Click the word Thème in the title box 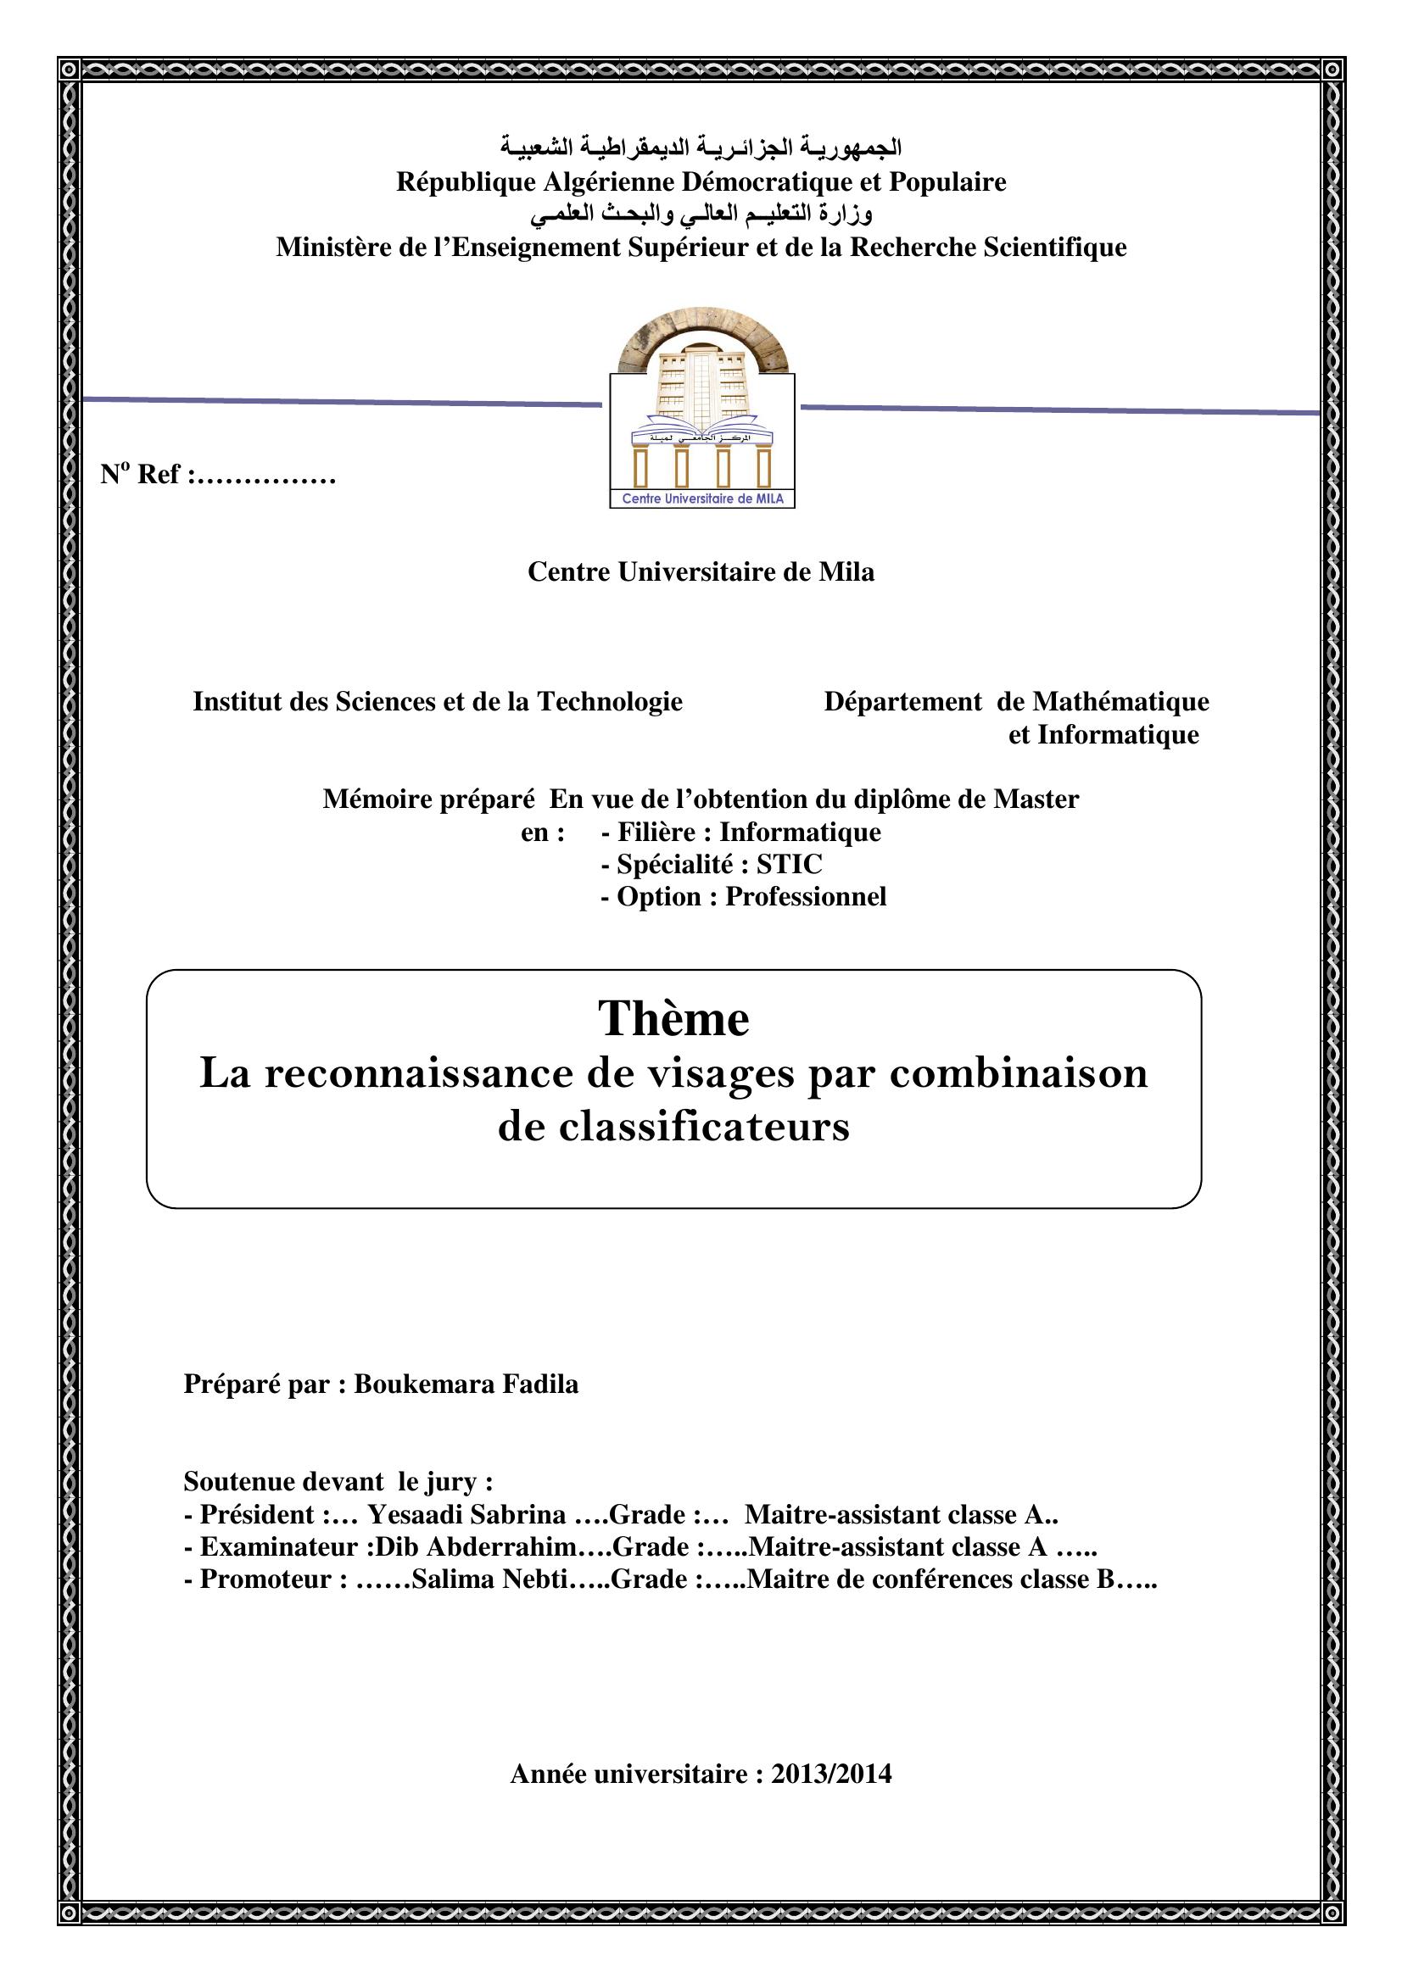point(673,1019)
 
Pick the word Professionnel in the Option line point(805,896)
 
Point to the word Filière point(656,832)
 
